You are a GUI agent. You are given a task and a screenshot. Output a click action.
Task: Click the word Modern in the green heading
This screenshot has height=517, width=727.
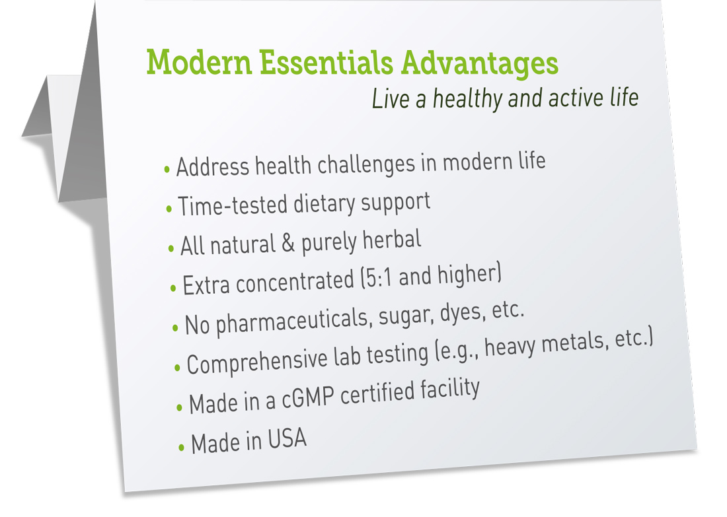coord(200,62)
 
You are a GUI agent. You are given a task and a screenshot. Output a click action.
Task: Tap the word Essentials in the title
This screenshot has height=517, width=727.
coord(326,62)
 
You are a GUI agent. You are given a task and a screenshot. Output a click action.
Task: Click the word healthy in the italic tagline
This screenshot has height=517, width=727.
coord(467,98)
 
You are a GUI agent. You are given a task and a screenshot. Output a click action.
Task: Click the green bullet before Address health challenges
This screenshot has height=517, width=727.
coord(167,170)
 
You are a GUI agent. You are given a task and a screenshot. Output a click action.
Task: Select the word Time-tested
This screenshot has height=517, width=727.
coord(232,206)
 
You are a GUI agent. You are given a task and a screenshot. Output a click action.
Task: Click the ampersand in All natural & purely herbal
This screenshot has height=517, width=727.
coord(288,242)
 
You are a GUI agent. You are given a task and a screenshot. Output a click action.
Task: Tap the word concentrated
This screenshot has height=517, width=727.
coord(295,282)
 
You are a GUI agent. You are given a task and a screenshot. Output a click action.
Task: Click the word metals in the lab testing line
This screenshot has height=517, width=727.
coord(574,343)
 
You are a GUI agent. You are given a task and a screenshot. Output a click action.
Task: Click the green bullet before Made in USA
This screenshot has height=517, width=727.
coord(181,448)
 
